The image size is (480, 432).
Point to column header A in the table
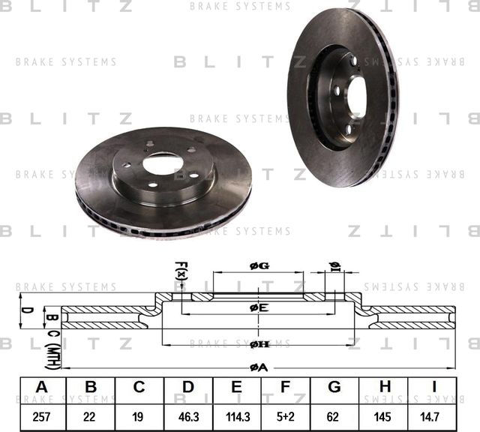point(42,388)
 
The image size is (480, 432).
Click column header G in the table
point(334,388)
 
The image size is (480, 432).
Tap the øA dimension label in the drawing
point(258,367)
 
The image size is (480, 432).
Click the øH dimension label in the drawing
point(259,343)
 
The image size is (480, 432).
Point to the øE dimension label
point(259,307)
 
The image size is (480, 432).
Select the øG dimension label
point(258,266)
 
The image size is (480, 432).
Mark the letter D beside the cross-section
point(23,309)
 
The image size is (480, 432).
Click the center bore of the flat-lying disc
point(163,164)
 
